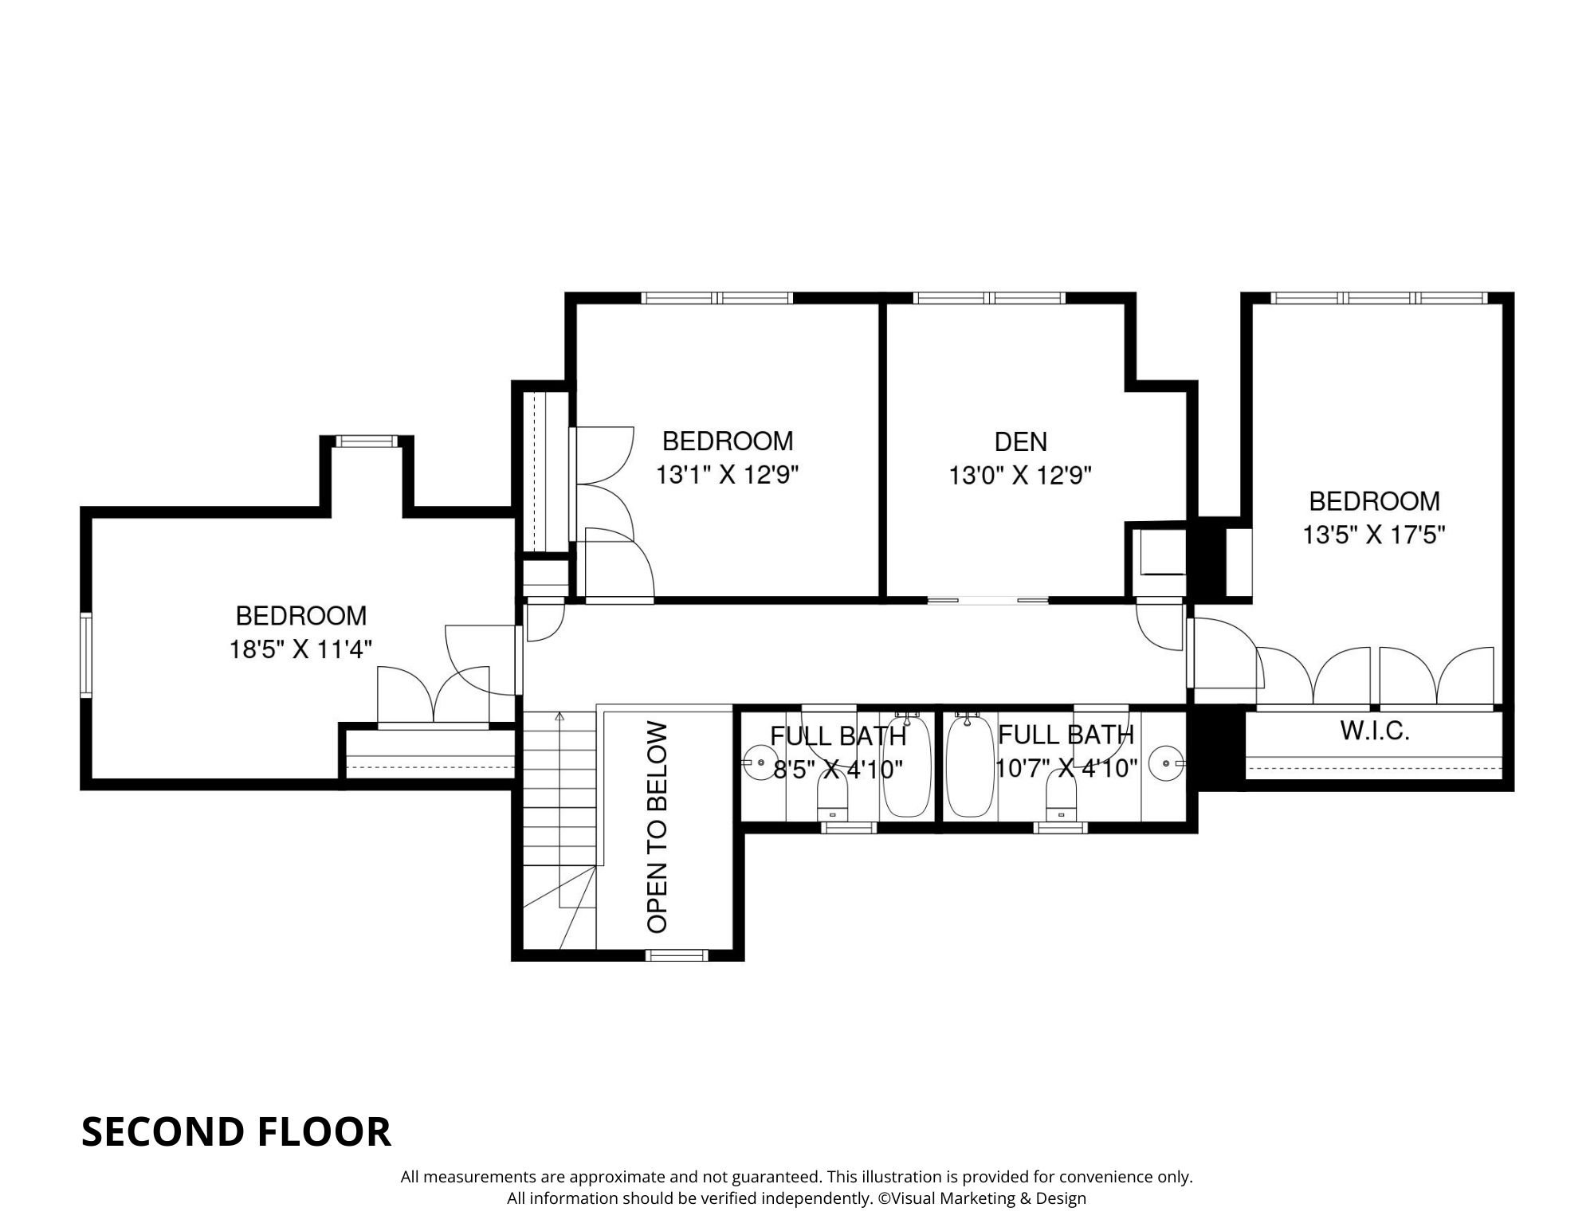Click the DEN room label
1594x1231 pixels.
1020,441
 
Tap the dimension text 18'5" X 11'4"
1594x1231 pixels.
301,650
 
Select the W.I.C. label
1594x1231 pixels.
1375,731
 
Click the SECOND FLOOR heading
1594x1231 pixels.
236,1131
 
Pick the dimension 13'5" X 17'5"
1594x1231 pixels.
1374,535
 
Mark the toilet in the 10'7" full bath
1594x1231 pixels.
1061,797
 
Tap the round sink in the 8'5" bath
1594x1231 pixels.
759,763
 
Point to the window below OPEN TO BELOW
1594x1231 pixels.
676,955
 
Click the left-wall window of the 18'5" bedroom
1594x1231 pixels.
86,655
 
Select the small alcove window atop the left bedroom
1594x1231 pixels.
366,441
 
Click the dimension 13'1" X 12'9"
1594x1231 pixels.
727,476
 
